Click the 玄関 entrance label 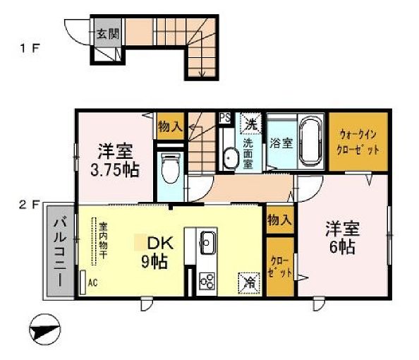[109, 32]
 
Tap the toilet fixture [169, 166]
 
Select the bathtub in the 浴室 [305, 142]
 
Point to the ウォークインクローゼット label [359, 140]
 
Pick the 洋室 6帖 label [342, 238]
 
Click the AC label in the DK [92, 283]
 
